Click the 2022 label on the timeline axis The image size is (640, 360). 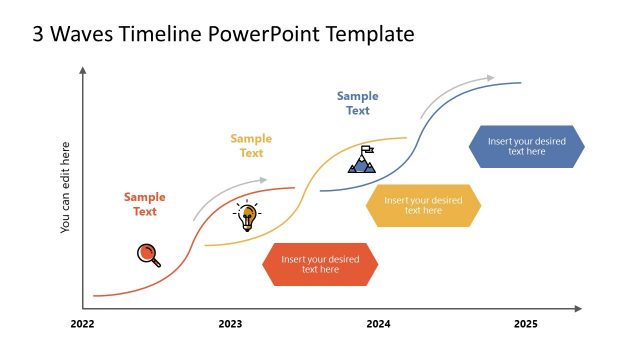point(82,324)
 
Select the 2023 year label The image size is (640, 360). point(230,324)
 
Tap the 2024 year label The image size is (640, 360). point(378,324)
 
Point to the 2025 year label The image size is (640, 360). point(525,324)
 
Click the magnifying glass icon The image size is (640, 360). point(148,255)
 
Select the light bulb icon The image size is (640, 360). point(246,216)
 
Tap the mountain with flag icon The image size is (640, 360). point(362,160)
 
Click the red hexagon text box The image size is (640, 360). point(320,264)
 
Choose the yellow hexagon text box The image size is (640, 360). point(423,205)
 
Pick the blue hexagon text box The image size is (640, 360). point(526,146)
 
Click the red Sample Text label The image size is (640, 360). point(145,204)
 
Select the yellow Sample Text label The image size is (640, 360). point(251,146)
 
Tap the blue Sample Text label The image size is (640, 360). point(357,103)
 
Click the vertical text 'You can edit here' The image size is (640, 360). point(66,187)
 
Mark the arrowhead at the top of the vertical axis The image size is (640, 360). point(82,71)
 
